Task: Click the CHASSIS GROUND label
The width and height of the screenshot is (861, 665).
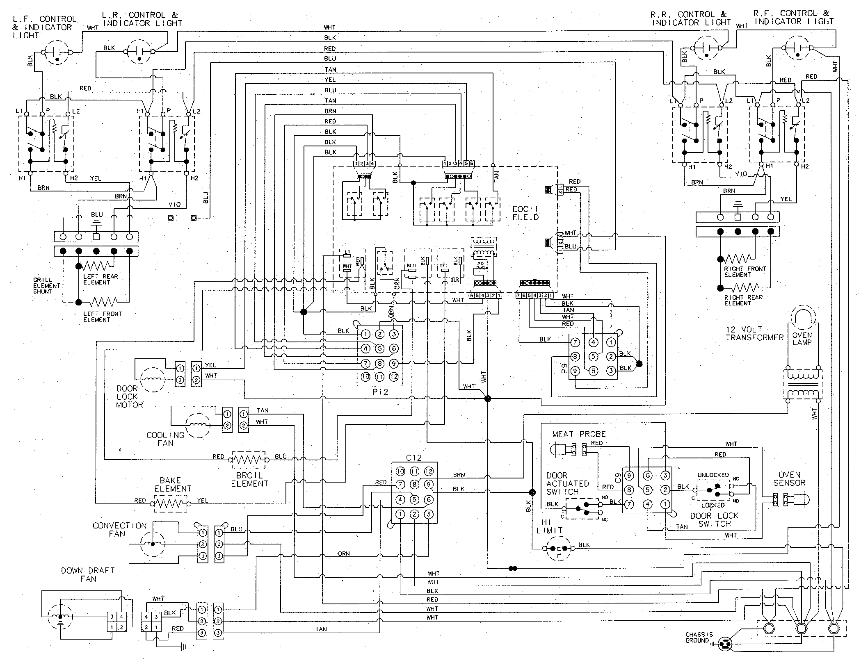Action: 699,637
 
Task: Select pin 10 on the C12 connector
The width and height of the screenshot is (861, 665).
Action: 400,471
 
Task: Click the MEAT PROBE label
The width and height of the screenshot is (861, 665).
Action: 578,434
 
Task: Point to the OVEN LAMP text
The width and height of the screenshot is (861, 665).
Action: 802,339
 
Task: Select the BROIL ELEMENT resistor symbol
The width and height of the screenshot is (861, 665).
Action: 249,460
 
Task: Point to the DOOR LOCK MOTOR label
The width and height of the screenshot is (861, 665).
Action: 129,396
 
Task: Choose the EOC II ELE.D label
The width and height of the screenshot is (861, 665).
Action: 525,213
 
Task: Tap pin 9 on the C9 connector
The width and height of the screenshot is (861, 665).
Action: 628,476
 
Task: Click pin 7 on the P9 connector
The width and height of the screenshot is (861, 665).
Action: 575,342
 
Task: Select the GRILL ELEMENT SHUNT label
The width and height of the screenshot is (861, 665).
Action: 46,286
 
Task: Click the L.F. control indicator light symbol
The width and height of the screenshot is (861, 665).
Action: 57,52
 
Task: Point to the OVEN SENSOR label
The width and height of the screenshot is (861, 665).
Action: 789,479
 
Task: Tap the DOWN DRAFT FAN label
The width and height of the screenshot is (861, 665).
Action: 87,574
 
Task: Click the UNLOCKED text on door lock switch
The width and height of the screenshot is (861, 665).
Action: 713,475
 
